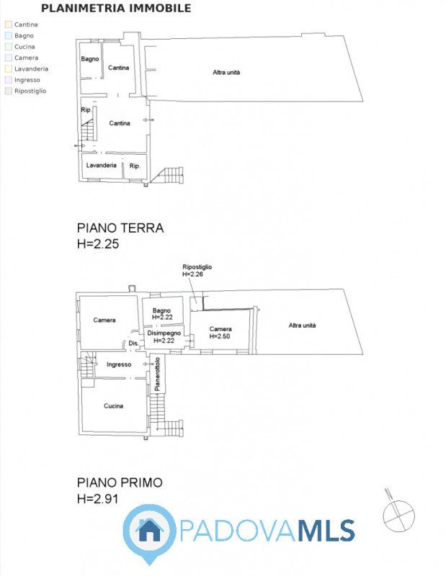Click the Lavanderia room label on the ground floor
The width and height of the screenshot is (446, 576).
coord(101,166)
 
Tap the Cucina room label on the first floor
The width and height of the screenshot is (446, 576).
coord(113,406)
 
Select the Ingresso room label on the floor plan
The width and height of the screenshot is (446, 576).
coord(119,364)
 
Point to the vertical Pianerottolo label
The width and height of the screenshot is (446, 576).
coord(157,374)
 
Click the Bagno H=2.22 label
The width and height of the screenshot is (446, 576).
coord(162,314)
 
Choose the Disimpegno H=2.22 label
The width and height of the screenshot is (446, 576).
coord(164,337)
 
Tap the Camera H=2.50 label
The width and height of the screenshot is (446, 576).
coord(220,333)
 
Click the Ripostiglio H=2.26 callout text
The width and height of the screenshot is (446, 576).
coord(197,271)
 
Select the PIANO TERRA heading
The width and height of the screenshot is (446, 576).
coord(120,228)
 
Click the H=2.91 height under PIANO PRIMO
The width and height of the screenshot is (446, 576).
coord(98,499)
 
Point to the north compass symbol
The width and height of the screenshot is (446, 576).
coord(398,512)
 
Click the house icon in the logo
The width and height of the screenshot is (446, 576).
coord(150,529)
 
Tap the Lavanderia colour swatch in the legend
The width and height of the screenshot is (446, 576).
coord(9,68)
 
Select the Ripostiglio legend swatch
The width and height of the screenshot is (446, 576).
coord(9,91)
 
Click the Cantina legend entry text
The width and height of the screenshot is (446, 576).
coord(26,24)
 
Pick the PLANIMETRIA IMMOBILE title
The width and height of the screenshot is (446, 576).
coord(116,8)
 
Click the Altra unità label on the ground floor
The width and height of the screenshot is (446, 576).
coord(226,73)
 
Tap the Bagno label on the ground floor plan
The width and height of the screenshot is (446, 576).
coord(90,59)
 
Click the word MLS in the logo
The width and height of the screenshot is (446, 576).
coord(326,531)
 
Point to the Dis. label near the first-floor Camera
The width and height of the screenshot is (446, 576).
coord(133,343)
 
